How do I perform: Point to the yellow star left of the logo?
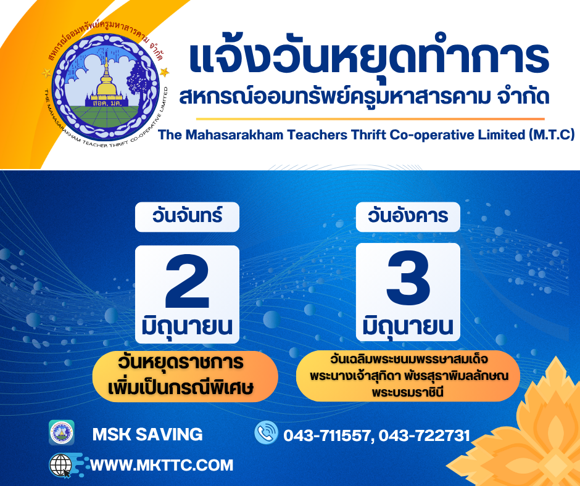[47, 73]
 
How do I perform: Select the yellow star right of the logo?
[165, 72]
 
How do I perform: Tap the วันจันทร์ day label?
[187, 216]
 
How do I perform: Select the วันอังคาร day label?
[408, 216]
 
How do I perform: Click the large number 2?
[187, 281]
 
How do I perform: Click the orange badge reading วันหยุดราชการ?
[185, 376]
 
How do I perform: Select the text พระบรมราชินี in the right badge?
[408, 392]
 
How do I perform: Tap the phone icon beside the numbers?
[266, 432]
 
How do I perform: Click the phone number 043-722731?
[425, 435]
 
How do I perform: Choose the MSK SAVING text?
[147, 434]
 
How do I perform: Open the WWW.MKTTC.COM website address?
[162, 465]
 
